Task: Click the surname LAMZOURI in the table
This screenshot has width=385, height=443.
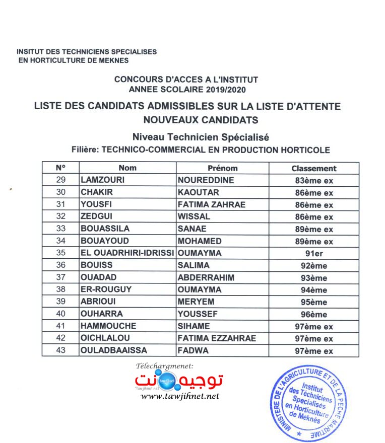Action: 103,180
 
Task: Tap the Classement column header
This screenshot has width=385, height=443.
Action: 313,169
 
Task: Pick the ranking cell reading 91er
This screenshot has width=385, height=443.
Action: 313,253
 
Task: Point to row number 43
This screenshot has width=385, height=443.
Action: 60,351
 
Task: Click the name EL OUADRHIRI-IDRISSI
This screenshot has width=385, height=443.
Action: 127,253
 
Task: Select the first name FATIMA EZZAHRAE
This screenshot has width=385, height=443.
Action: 217,339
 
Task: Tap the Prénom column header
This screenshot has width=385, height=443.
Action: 222,168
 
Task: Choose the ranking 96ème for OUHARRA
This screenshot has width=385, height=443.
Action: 313,315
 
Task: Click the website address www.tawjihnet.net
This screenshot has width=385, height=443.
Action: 180,396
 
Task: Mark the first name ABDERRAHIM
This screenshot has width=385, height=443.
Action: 206,278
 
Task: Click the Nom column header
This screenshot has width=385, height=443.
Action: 127,168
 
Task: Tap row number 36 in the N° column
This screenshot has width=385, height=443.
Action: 60,266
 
